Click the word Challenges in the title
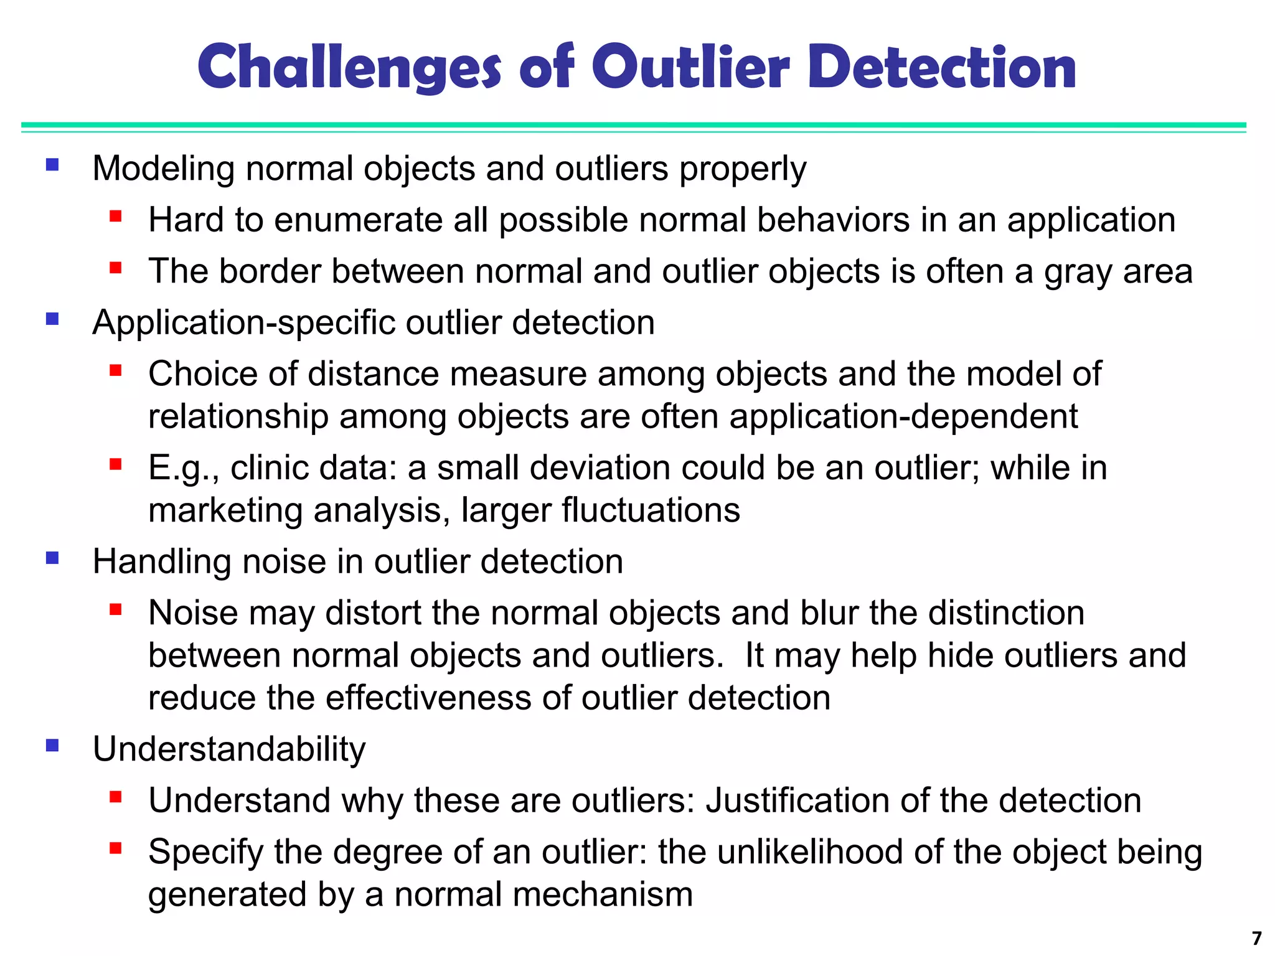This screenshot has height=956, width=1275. pyautogui.click(x=349, y=67)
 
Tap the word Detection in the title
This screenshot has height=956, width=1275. pyautogui.click(x=942, y=67)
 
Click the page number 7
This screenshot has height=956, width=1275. pyautogui.click(x=1256, y=937)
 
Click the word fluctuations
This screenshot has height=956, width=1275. pyautogui.click(x=651, y=510)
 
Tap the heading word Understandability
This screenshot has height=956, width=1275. pyautogui.click(x=229, y=749)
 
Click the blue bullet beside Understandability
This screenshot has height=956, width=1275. pyautogui.click(x=52, y=745)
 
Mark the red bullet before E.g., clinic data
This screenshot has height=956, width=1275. pyautogui.click(x=115, y=464)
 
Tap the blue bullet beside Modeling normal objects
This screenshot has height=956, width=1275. pyautogui.click(x=52, y=165)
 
